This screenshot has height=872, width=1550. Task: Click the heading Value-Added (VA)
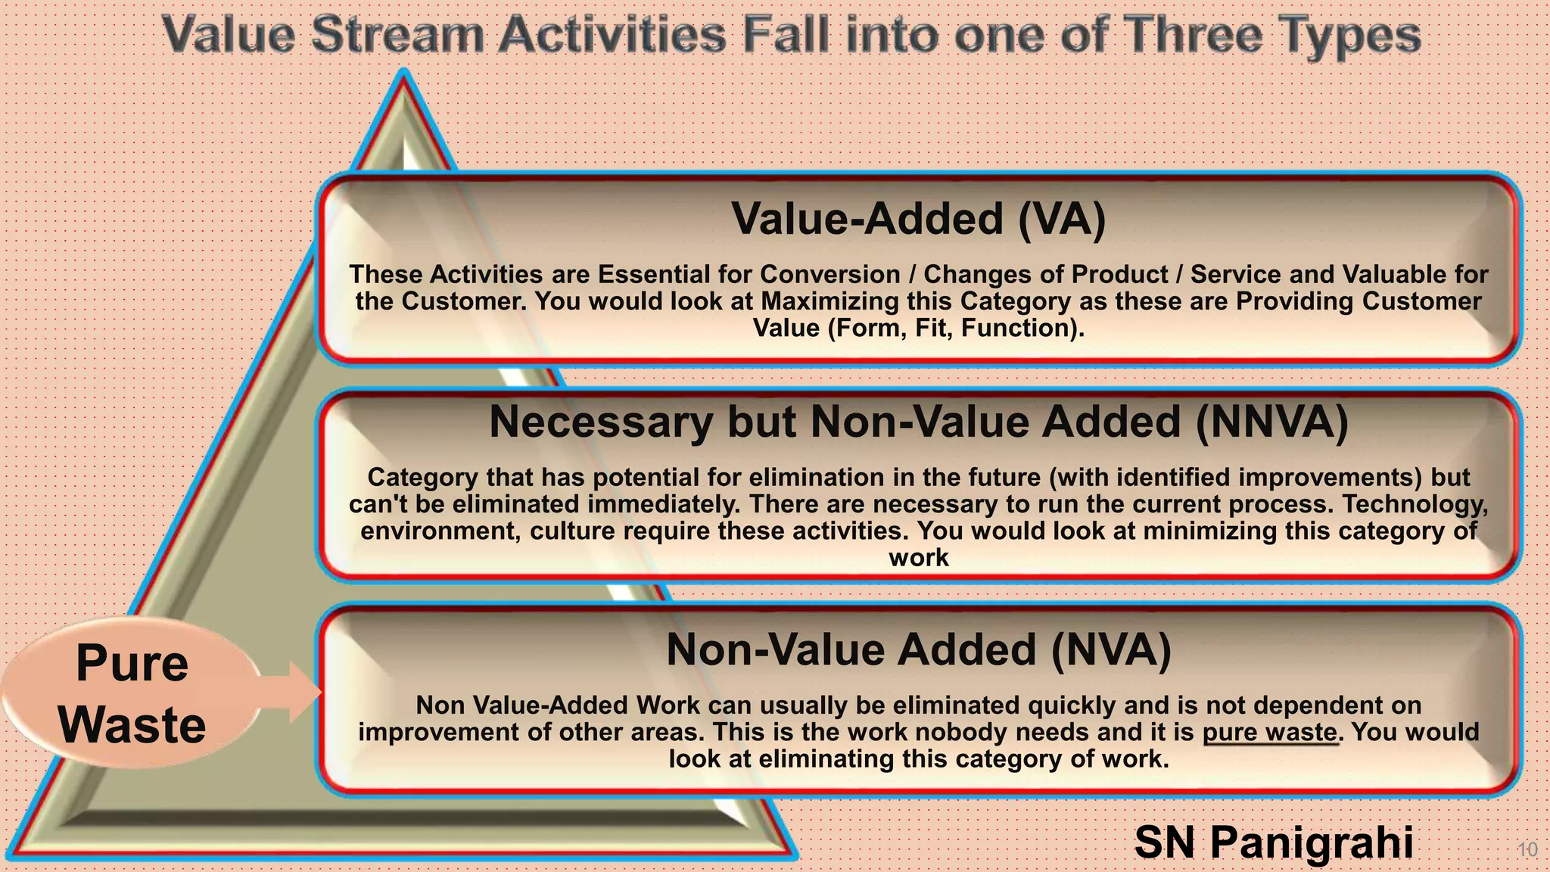(x=918, y=219)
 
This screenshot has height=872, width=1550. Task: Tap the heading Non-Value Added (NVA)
(x=918, y=649)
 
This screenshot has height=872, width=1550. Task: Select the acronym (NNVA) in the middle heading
(x=1271, y=422)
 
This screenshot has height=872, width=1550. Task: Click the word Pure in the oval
(x=132, y=663)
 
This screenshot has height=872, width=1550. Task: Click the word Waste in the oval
(x=132, y=725)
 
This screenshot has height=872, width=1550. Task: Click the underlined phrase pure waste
(x=1269, y=732)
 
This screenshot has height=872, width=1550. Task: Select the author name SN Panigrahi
(x=1273, y=842)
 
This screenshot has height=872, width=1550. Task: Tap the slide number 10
(x=1527, y=849)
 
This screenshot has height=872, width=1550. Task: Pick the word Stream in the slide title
(x=397, y=35)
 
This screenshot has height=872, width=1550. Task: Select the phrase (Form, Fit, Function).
(x=955, y=328)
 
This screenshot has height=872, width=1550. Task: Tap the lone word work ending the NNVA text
(x=918, y=558)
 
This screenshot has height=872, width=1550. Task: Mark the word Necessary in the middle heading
(x=600, y=422)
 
